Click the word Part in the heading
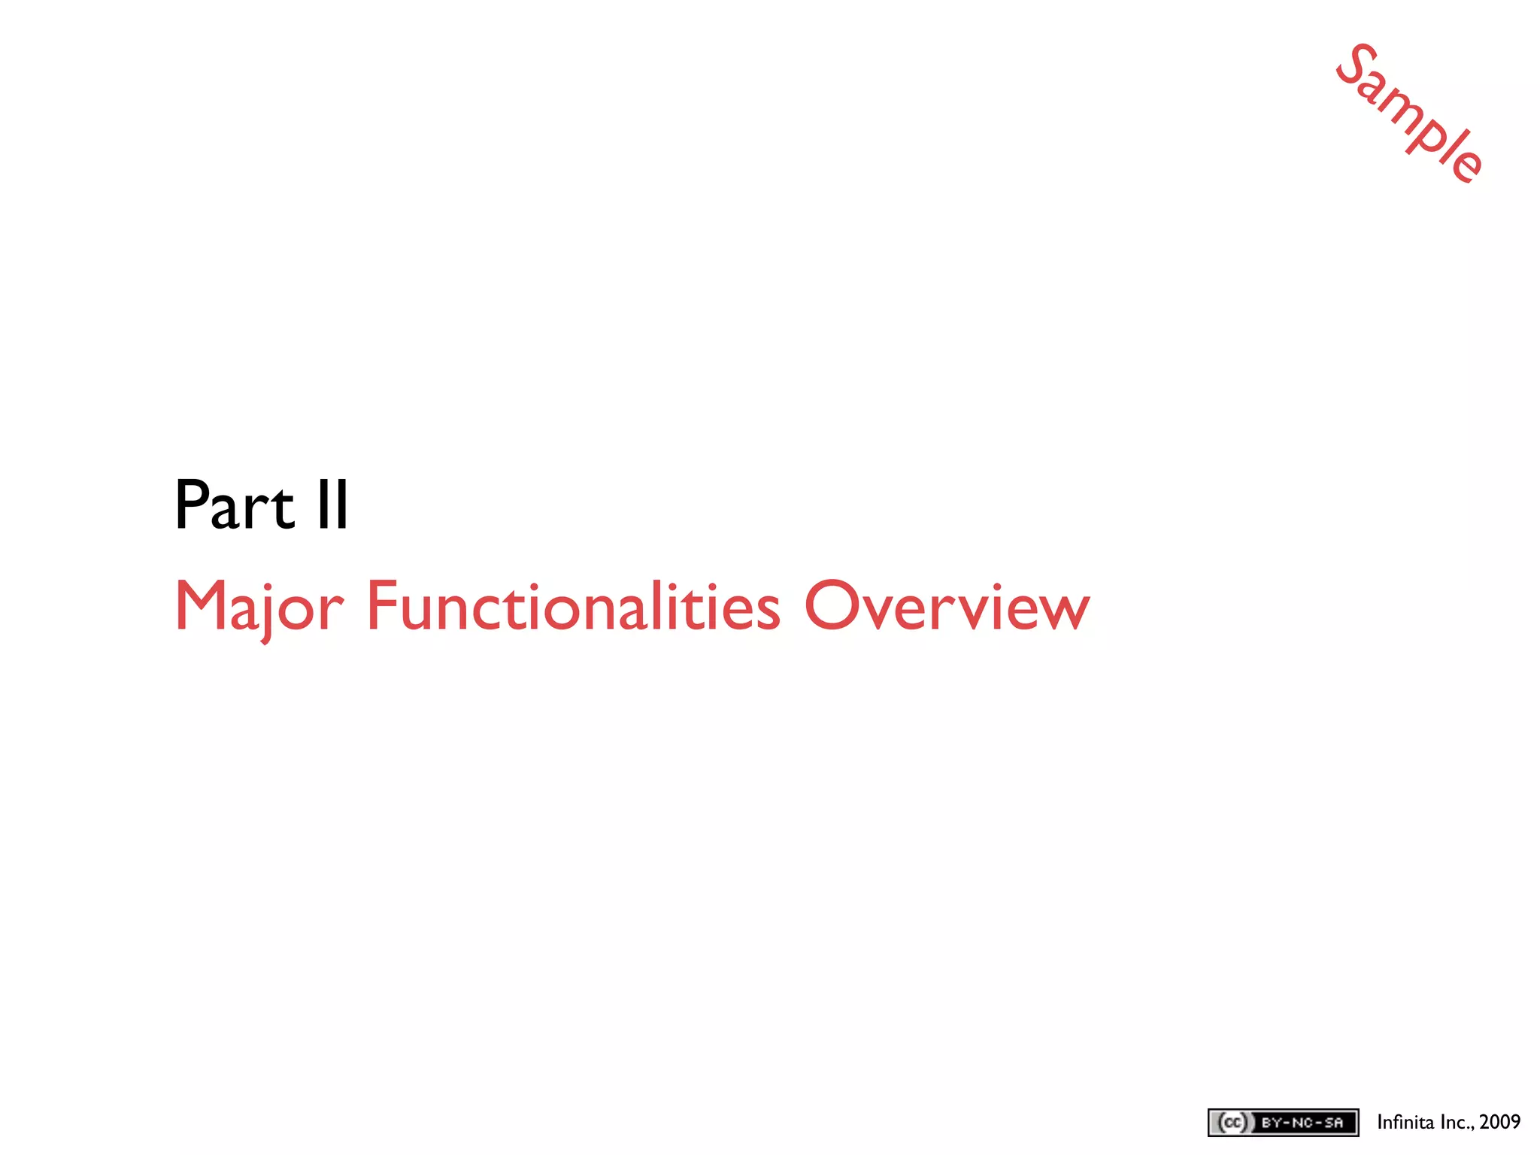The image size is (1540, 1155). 234,505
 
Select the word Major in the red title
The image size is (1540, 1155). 259,607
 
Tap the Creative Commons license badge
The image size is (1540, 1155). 1283,1123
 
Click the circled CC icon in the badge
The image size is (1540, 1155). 1232,1123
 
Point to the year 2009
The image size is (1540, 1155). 1499,1122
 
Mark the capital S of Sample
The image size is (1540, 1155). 1356,65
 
